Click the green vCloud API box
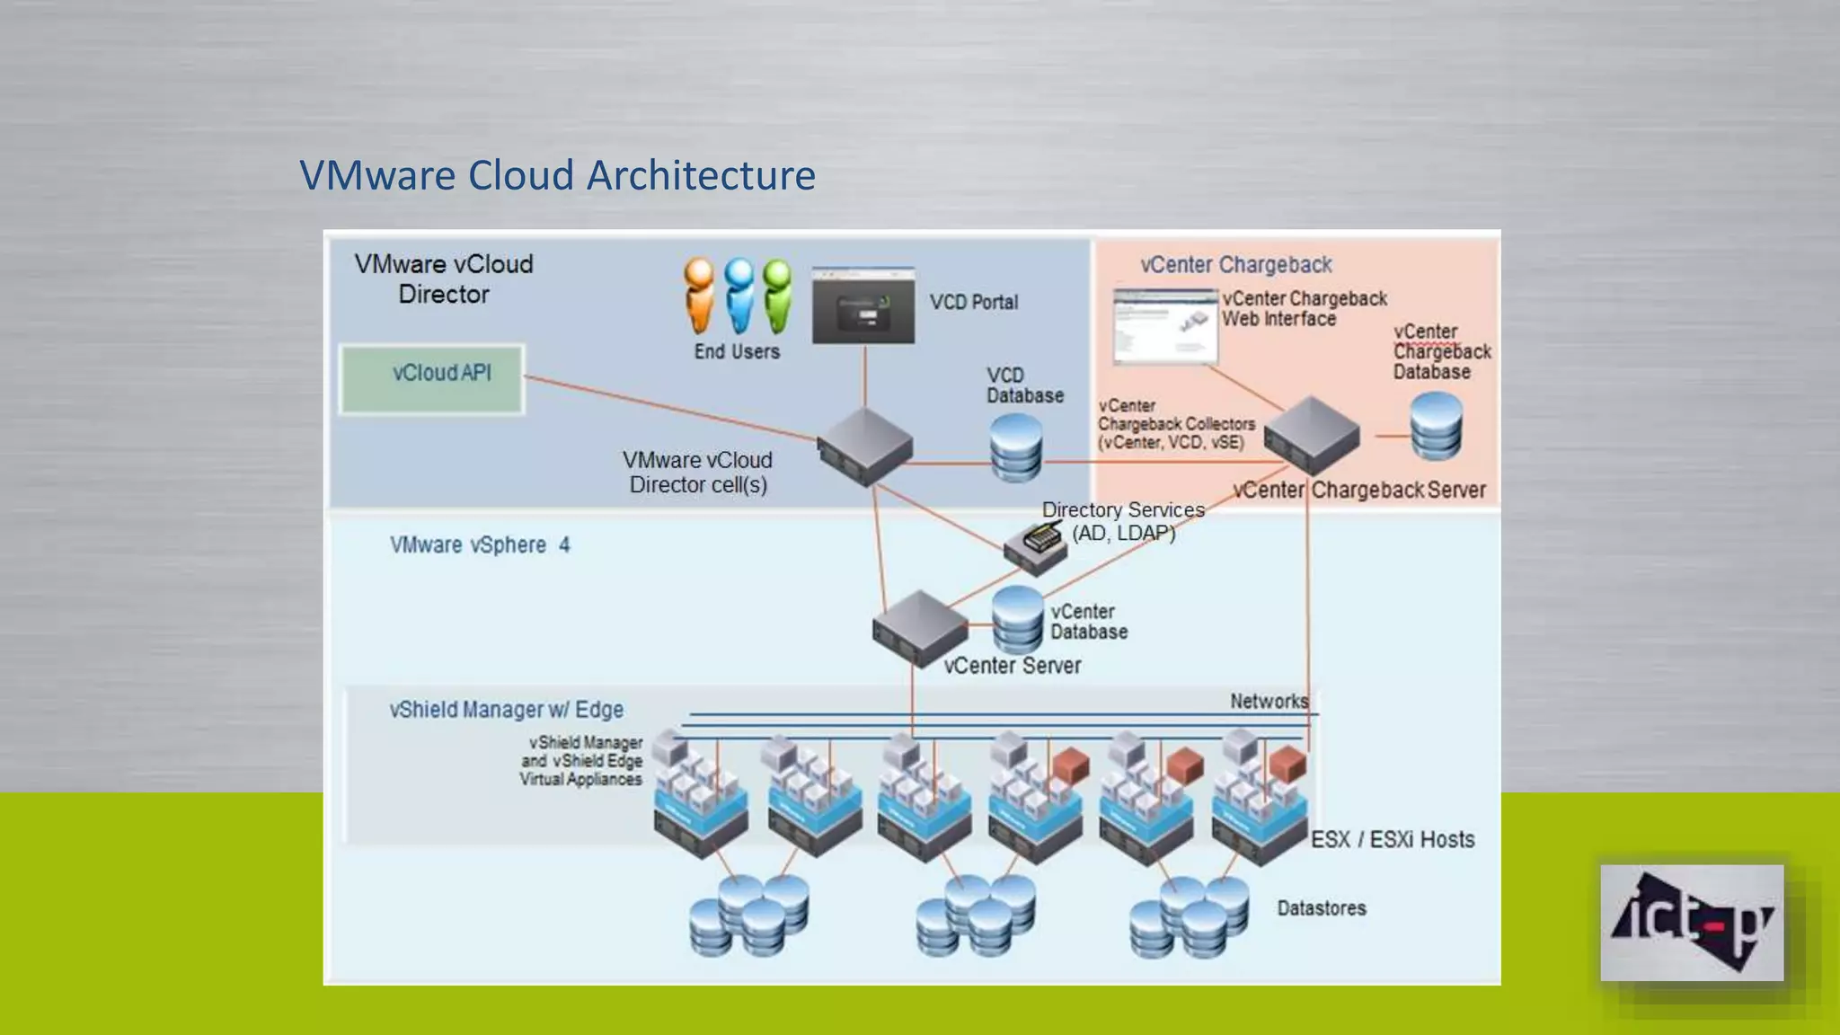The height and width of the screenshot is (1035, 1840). point(432,378)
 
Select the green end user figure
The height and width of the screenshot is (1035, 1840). point(777,295)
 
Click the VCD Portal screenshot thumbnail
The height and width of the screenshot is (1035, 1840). point(863,306)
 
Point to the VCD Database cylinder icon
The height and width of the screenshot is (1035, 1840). point(1016,447)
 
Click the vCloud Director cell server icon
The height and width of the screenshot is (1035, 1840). point(864,447)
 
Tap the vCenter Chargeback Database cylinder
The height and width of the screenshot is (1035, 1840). point(1436,427)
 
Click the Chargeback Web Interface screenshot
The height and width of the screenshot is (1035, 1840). point(1165,327)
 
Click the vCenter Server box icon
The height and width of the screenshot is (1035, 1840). point(919,628)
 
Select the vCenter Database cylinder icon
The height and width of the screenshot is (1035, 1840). point(1018,619)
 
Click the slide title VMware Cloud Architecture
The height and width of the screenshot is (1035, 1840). point(557,175)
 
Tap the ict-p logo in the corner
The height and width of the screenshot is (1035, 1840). point(1692,923)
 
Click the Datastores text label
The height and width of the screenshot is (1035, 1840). point(1321,908)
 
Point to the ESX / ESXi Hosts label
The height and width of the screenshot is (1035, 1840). point(1392,839)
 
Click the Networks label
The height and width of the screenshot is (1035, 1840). point(1269,701)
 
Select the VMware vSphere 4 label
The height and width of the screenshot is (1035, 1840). point(479,544)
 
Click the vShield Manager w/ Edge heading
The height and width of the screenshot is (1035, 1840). point(506,709)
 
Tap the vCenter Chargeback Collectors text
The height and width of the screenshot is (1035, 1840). point(1175,424)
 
